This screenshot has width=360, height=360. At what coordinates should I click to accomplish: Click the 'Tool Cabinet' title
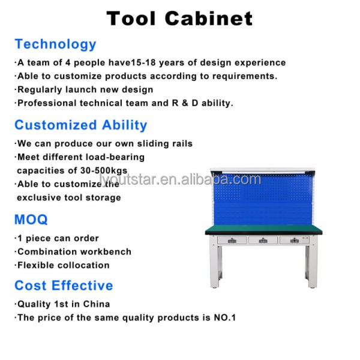179,19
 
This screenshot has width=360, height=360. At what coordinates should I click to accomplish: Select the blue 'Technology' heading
55,44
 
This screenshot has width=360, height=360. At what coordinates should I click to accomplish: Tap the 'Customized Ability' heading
81,125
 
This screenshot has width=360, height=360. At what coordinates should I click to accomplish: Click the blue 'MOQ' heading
31,219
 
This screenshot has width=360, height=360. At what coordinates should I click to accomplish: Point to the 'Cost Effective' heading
64,286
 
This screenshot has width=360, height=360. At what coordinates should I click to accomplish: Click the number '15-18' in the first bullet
143,62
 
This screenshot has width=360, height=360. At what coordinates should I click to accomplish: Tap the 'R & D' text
185,103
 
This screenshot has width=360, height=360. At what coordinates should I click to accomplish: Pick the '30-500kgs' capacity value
104,170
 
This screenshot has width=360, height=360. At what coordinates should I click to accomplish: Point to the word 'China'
97,304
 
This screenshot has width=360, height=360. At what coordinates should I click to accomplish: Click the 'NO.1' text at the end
225,317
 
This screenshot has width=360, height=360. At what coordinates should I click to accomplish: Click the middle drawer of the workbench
263,241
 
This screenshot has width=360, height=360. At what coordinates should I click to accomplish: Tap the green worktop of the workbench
263,229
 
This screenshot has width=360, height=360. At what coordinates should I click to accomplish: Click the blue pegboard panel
263,199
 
